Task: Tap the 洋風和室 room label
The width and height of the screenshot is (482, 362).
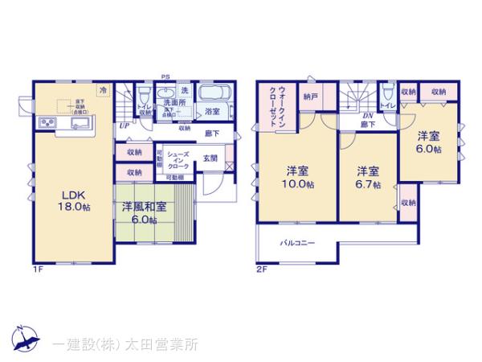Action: [145, 212]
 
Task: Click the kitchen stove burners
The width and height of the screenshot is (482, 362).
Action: [46, 123]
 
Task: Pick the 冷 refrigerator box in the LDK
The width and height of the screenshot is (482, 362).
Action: [103, 91]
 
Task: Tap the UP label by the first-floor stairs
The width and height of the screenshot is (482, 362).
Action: [124, 125]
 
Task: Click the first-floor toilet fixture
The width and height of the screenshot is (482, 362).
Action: [145, 95]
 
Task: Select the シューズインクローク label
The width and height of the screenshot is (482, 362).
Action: [178, 158]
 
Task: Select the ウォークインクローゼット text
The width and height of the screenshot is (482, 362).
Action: [273, 107]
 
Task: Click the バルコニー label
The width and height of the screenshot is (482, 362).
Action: [297, 242]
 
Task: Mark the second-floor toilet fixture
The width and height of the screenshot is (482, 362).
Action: [388, 92]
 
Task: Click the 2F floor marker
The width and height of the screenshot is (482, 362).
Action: [262, 268]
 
